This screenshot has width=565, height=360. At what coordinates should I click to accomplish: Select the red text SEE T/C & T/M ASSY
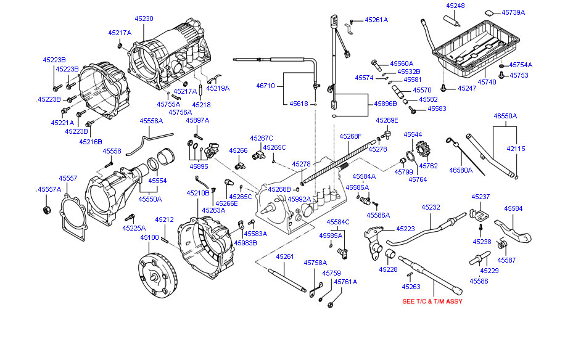click(x=432, y=301)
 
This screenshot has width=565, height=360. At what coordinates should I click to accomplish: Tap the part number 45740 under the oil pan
click(x=487, y=81)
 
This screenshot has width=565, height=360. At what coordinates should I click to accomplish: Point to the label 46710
click(x=266, y=86)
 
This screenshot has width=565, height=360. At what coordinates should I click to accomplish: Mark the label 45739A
click(x=513, y=12)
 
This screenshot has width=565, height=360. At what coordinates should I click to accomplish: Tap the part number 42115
click(x=516, y=149)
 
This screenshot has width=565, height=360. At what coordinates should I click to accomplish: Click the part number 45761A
click(x=345, y=282)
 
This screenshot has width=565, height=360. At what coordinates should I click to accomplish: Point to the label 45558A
click(x=151, y=121)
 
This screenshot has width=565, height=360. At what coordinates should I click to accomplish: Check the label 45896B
click(x=386, y=104)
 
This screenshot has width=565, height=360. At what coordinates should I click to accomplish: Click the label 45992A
click(x=299, y=198)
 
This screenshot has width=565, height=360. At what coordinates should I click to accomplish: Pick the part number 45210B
click(x=199, y=193)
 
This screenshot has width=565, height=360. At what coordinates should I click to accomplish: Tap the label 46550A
click(x=505, y=116)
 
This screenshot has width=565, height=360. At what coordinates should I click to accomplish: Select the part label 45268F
click(x=351, y=136)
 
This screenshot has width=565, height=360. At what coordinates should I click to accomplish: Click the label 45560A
click(x=402, y=63)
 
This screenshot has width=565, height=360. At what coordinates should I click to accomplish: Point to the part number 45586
click(x=478, y=280)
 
